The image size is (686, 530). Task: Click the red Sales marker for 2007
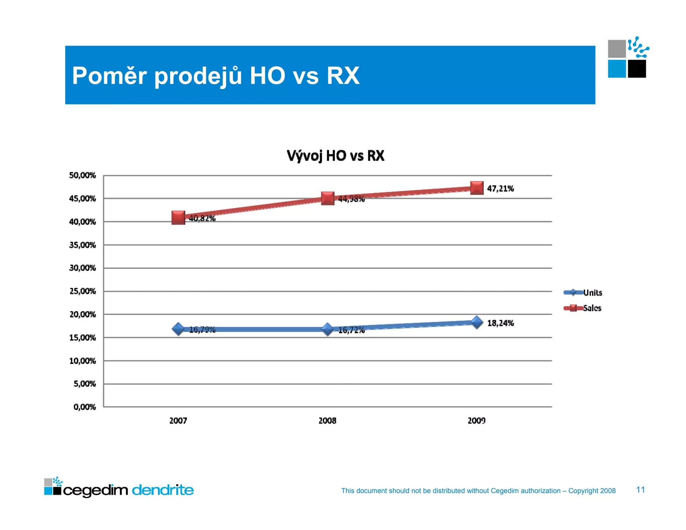click(x=178, y=218)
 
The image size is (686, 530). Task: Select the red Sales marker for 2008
click(x=328, y=198)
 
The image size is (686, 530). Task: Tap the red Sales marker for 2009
click(x=477, y=188)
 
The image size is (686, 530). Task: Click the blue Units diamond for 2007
click(x=178, y=329)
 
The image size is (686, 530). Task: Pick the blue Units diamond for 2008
click(x=328, y=329)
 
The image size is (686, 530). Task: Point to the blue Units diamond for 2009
click(x=477, y=322)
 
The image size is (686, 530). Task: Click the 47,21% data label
click(x=500, y=189)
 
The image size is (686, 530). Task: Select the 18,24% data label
click(x=500, y=323)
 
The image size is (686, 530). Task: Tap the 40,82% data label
click(x=202, y=218)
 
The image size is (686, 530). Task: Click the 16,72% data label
click(x=351, y=330)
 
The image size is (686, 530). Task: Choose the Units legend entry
click(x=592, y=293)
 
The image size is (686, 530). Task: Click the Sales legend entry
click(x=592, y=308)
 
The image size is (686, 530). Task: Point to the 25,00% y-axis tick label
click(x=82, y=291)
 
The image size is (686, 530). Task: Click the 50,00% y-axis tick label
click(x=82, y=175)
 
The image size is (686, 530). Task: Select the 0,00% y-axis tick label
click(x=84, y=407)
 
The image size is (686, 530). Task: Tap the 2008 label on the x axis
click(x=327, y=421)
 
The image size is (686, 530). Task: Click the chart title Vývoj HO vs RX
click(x=335, y=156)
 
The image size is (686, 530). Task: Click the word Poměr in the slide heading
click(x=109, y=76)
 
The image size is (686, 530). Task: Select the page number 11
click(x=640, y=490)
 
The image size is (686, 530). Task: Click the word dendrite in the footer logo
click(x=163, y=490)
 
